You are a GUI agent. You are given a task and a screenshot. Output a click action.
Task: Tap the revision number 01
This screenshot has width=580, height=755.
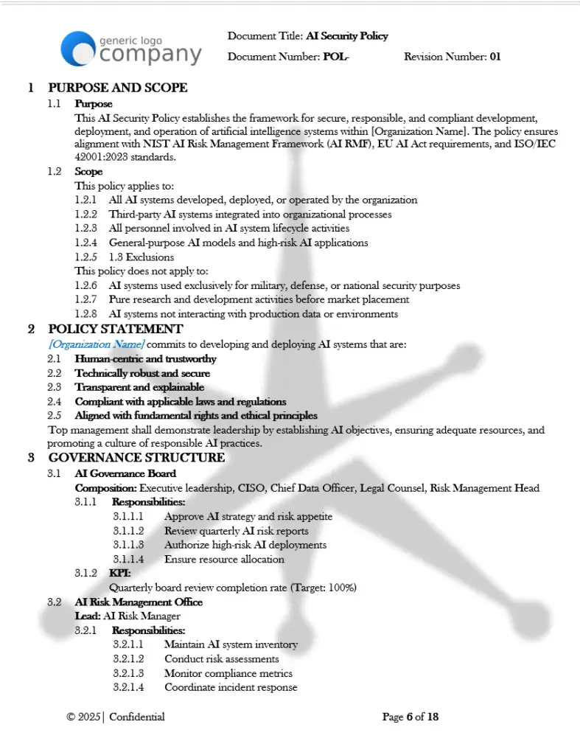[x=495, y=57]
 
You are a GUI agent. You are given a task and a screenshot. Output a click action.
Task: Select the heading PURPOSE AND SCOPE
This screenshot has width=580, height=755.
[x=118, y=88]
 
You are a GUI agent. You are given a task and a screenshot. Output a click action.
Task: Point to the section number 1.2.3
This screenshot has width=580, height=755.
[x=86, y=229]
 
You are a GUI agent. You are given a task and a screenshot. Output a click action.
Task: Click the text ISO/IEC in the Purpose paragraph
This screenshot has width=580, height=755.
[x=537, y=144]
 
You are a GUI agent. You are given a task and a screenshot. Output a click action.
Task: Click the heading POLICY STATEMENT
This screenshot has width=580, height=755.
[x=116, y=329]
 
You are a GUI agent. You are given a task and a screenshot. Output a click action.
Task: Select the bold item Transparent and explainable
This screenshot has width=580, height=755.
[x=139, y=387]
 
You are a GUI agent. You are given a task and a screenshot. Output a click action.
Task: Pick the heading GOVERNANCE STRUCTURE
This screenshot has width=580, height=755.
[x=136, y=458]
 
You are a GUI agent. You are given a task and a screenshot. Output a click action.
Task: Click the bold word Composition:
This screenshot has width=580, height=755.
[x=105, y=488]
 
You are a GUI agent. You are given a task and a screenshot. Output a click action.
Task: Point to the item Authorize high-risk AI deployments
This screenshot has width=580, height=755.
[x=245, y=545]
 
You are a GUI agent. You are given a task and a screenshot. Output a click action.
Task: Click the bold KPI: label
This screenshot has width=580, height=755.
[x=119, y=573]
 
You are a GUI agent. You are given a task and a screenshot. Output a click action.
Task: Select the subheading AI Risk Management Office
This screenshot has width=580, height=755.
[x=139, y=602]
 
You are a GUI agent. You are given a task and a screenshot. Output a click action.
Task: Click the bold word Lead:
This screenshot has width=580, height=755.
[x=88, y=616]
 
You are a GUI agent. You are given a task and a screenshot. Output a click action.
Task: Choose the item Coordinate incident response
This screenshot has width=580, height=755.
[x=231, y=687]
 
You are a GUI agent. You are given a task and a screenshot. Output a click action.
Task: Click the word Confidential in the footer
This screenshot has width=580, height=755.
[x=136, y=717]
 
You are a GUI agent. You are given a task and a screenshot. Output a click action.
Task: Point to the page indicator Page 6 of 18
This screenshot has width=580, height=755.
[x=410, y=717]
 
